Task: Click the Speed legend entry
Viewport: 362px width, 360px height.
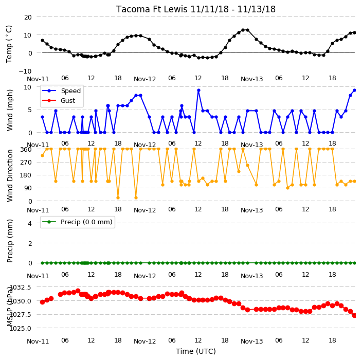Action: click(x=61, y=91)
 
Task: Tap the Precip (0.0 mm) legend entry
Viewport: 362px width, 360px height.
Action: click(x=77, y=222)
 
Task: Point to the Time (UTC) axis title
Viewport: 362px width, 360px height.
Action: click(x=196, y=351)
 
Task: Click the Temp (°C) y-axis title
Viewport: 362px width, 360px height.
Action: click(x=9, y=44)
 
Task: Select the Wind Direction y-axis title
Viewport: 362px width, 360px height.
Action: click(x=10, y=175)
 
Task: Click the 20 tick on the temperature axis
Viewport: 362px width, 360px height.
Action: click(x=28, y=17)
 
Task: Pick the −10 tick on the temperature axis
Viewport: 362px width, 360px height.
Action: click(x=25, y=71)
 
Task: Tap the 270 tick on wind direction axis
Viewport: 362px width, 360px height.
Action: click(x=26, y=163)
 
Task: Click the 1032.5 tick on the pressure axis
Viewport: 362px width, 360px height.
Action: click(x=21, y=287)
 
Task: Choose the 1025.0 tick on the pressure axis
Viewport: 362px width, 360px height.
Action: click(x=21, y=328)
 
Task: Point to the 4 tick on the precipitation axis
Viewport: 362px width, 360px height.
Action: click(x=30, y=223)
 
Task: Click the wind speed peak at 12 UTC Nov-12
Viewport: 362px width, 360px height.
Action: click(x=198, y=91)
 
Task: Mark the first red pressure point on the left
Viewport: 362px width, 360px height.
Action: click(x=43, y=302)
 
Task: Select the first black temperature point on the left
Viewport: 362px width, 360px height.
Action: click(x=43, y=41)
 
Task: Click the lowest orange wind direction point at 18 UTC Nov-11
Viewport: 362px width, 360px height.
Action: click(x=118, y=197)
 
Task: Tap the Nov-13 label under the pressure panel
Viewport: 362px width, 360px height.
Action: click(x=251, y=341)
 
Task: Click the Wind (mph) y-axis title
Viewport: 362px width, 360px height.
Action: click(x=10, y=111)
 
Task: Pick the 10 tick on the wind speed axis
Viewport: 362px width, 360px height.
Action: click(x=27, y=87)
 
